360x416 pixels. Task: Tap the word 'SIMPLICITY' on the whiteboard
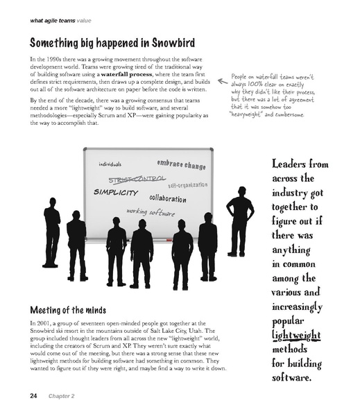[116, 192]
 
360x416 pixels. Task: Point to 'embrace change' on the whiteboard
[182, 165]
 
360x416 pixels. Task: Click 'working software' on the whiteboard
[151, 211]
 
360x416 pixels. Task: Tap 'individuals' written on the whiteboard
[110, 164]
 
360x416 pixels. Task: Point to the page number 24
[33, 396]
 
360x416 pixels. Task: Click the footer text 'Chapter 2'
[62, 397]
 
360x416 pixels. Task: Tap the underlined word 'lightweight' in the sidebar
[296, 336]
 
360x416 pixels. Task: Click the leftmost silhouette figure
[51, 236]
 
